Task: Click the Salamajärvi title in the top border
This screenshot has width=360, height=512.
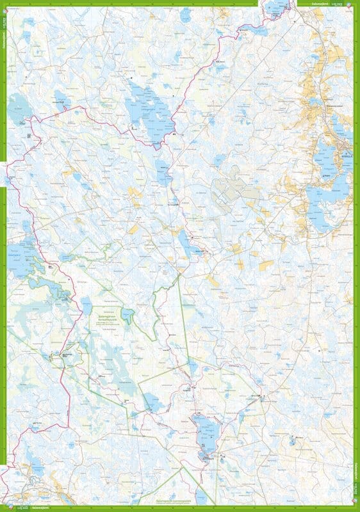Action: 316,4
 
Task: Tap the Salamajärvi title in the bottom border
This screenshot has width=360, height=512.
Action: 45,508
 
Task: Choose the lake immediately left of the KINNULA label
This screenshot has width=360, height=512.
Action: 327,157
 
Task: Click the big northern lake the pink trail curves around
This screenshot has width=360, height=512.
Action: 151,109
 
